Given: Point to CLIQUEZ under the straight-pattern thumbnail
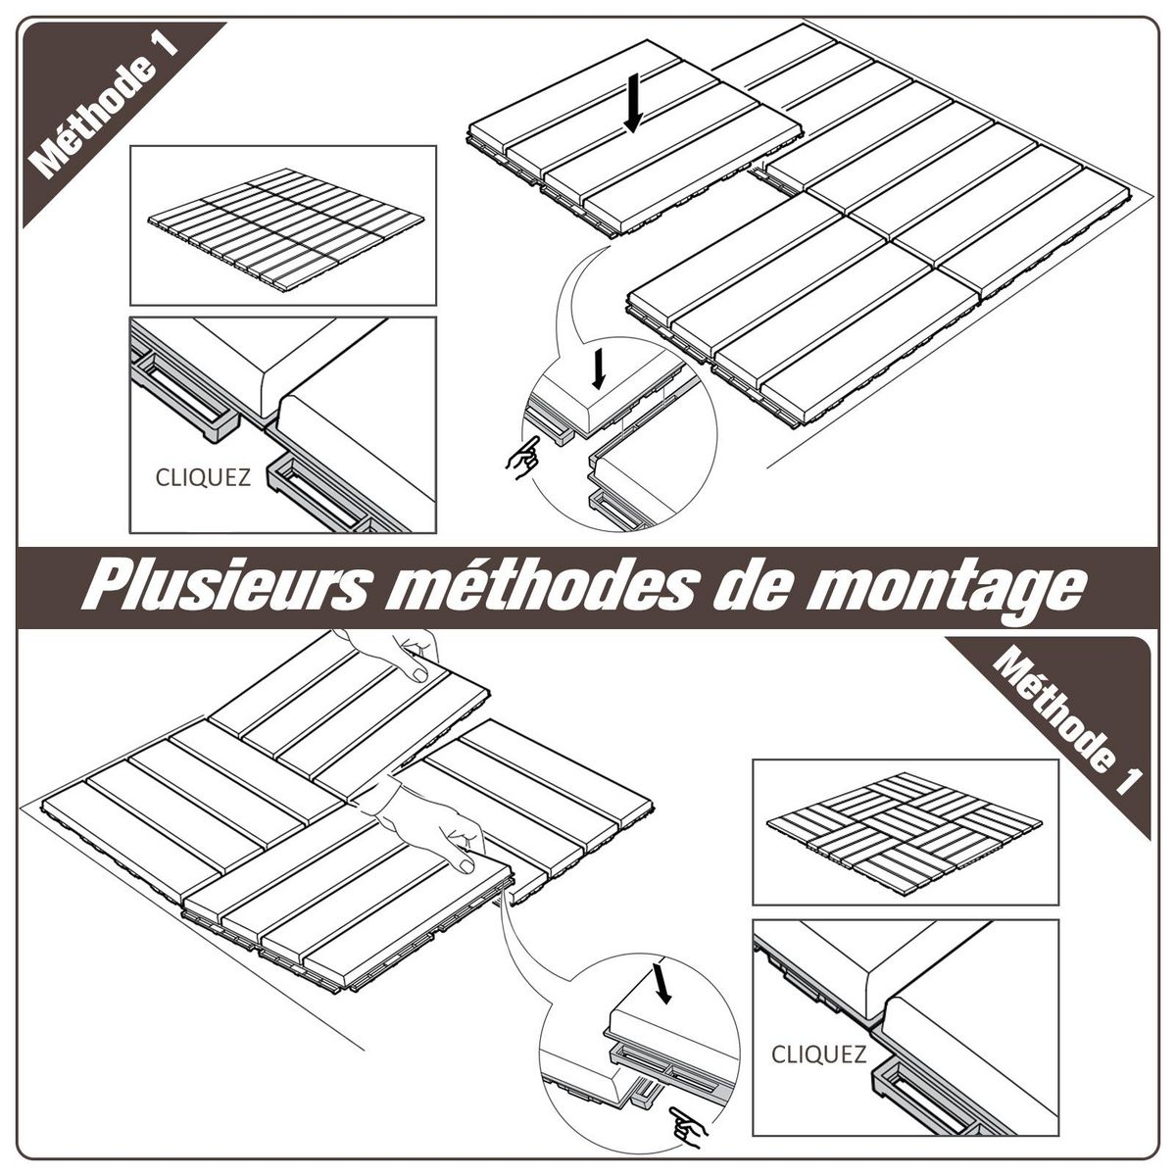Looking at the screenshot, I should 203,478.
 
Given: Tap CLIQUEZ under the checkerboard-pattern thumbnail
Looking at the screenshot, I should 818,1054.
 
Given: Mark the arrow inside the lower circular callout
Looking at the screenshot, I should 663,985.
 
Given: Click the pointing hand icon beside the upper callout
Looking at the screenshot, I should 521,456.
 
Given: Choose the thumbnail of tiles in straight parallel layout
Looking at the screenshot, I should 283,224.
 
